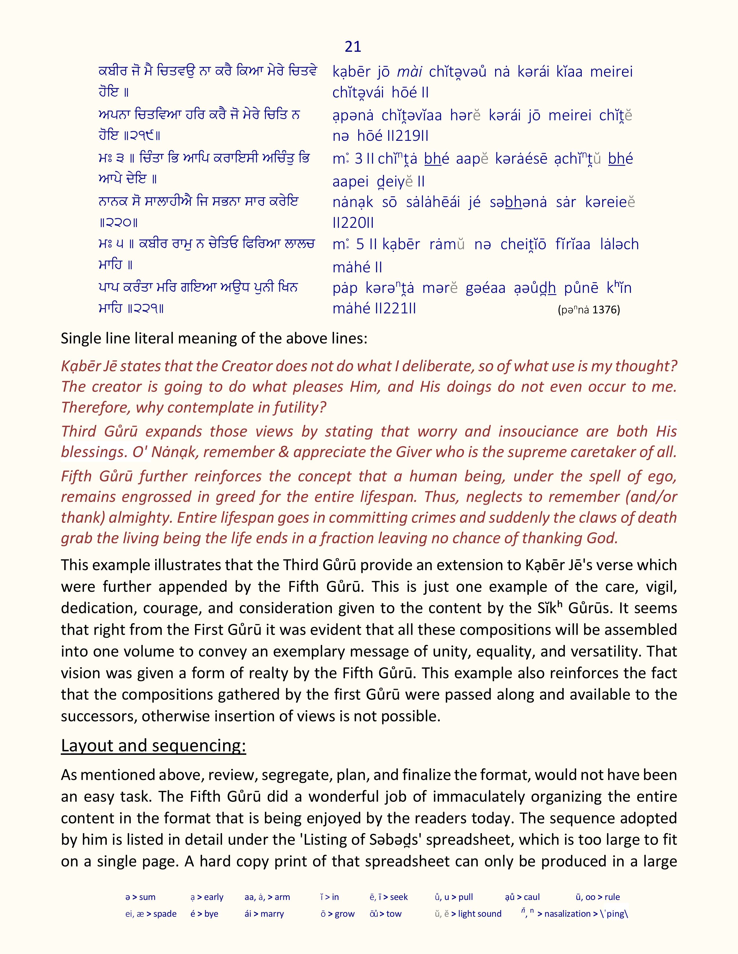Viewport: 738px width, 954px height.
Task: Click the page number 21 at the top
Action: tap(353, 46)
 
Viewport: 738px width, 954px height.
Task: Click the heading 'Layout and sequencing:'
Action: tap(153, 745)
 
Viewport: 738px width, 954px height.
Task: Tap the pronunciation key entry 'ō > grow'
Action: tap(337, 914)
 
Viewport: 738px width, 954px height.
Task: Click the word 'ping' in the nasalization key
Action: tap(616, 914)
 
